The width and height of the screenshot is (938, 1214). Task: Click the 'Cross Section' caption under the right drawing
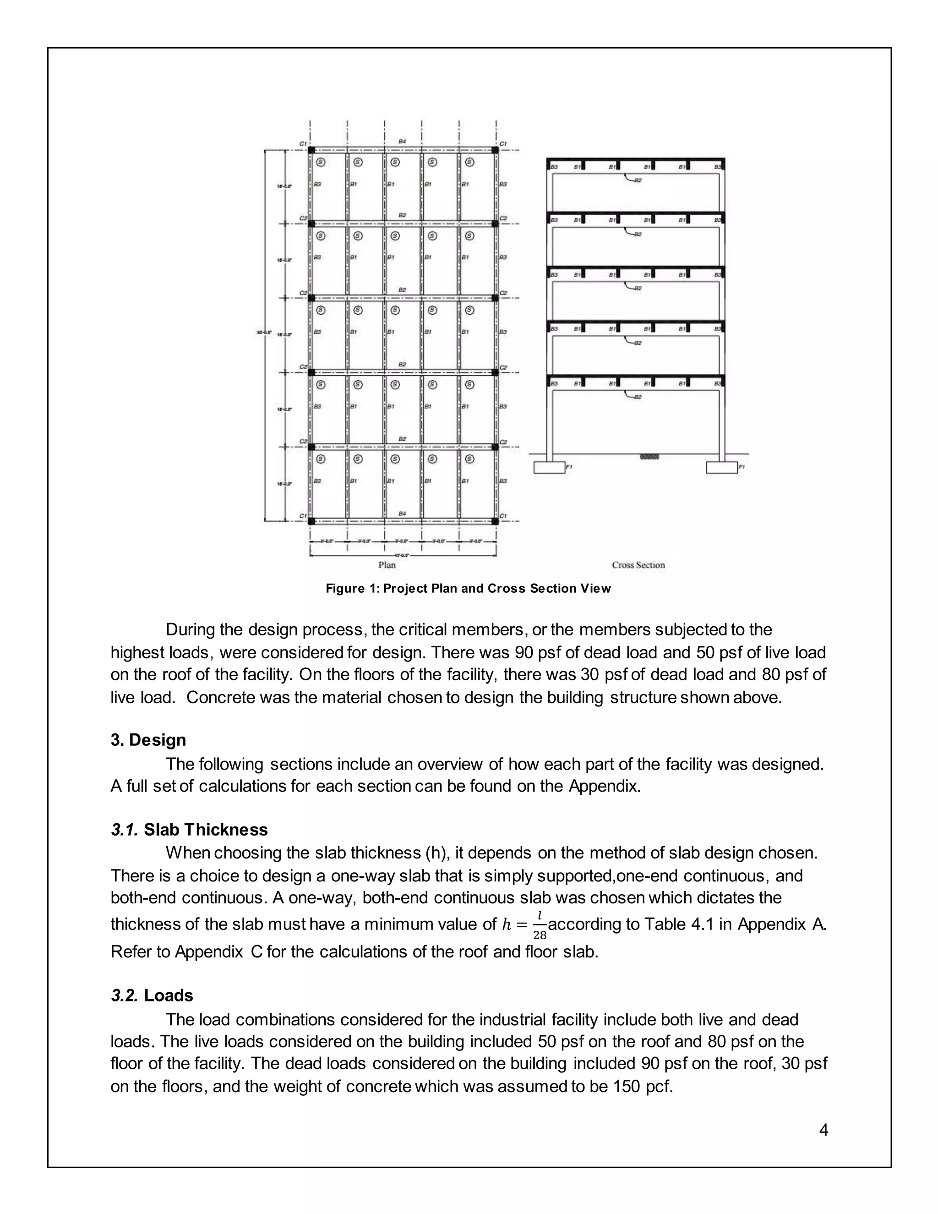(638, 565)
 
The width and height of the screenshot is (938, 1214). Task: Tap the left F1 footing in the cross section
(549, 467)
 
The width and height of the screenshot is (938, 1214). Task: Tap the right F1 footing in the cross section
(721, 467)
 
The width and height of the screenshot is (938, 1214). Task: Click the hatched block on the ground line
(649, 456)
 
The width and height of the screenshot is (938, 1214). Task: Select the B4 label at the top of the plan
(402, 142)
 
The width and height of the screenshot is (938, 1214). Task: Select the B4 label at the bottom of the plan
(402, 514)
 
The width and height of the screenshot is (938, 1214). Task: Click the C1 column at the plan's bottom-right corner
(495, 521)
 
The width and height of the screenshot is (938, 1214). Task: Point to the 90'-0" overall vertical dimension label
(263, 333)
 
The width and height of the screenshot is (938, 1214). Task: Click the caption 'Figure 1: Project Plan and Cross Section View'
(468, 589)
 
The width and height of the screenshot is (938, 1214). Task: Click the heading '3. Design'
(148, 740)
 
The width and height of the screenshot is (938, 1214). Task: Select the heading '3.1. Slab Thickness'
(189, 830)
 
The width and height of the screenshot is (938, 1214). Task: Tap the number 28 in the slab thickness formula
(540, 935)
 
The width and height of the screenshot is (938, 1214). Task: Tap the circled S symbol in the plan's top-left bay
(321, 162)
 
